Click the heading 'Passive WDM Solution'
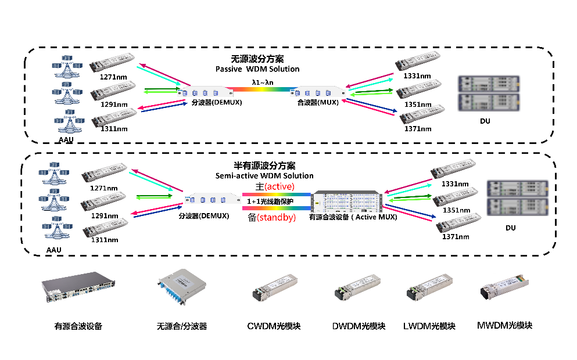tap(257, 69)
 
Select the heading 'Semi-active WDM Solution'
tap(264, 176)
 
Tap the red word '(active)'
tap(279, 187)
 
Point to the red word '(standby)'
tap(276, 218)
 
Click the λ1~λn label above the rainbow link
tap(263, 82)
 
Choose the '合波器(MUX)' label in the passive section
tap(318, 103)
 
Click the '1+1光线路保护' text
tap(270, 201)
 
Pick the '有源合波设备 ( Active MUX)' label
tap(353, 217)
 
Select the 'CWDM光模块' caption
tap(274, 326)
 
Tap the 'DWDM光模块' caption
tap(359, 326)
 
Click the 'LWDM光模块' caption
tap(429, 326)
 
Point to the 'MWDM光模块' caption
tap(504, 325)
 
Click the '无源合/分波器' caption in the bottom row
tap(182, 326)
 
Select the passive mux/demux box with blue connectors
tap(182, 287)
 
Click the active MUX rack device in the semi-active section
tap(347, 201)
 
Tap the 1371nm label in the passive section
tap(418, 129)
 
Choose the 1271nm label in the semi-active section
tap(104, 188)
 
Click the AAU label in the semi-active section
tap(53, 250)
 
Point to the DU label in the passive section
tap(485, 121)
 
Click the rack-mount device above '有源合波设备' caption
tap(78, 287)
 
